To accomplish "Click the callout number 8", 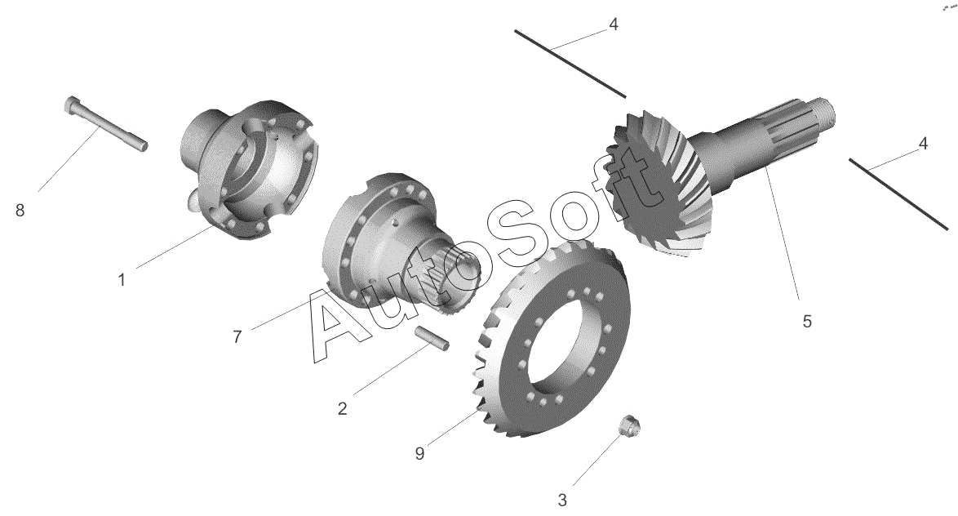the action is tap(20, 211).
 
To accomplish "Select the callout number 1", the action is tap(122, 280).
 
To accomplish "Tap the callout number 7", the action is tap(237, 337).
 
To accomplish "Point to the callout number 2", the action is tap(342, 408).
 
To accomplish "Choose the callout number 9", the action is tap(419, 454).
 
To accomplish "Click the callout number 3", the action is tap(562, 500).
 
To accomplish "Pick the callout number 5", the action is tap(807, 321).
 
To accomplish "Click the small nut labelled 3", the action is tap(628, 426).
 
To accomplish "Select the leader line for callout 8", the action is tap(69, 158).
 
